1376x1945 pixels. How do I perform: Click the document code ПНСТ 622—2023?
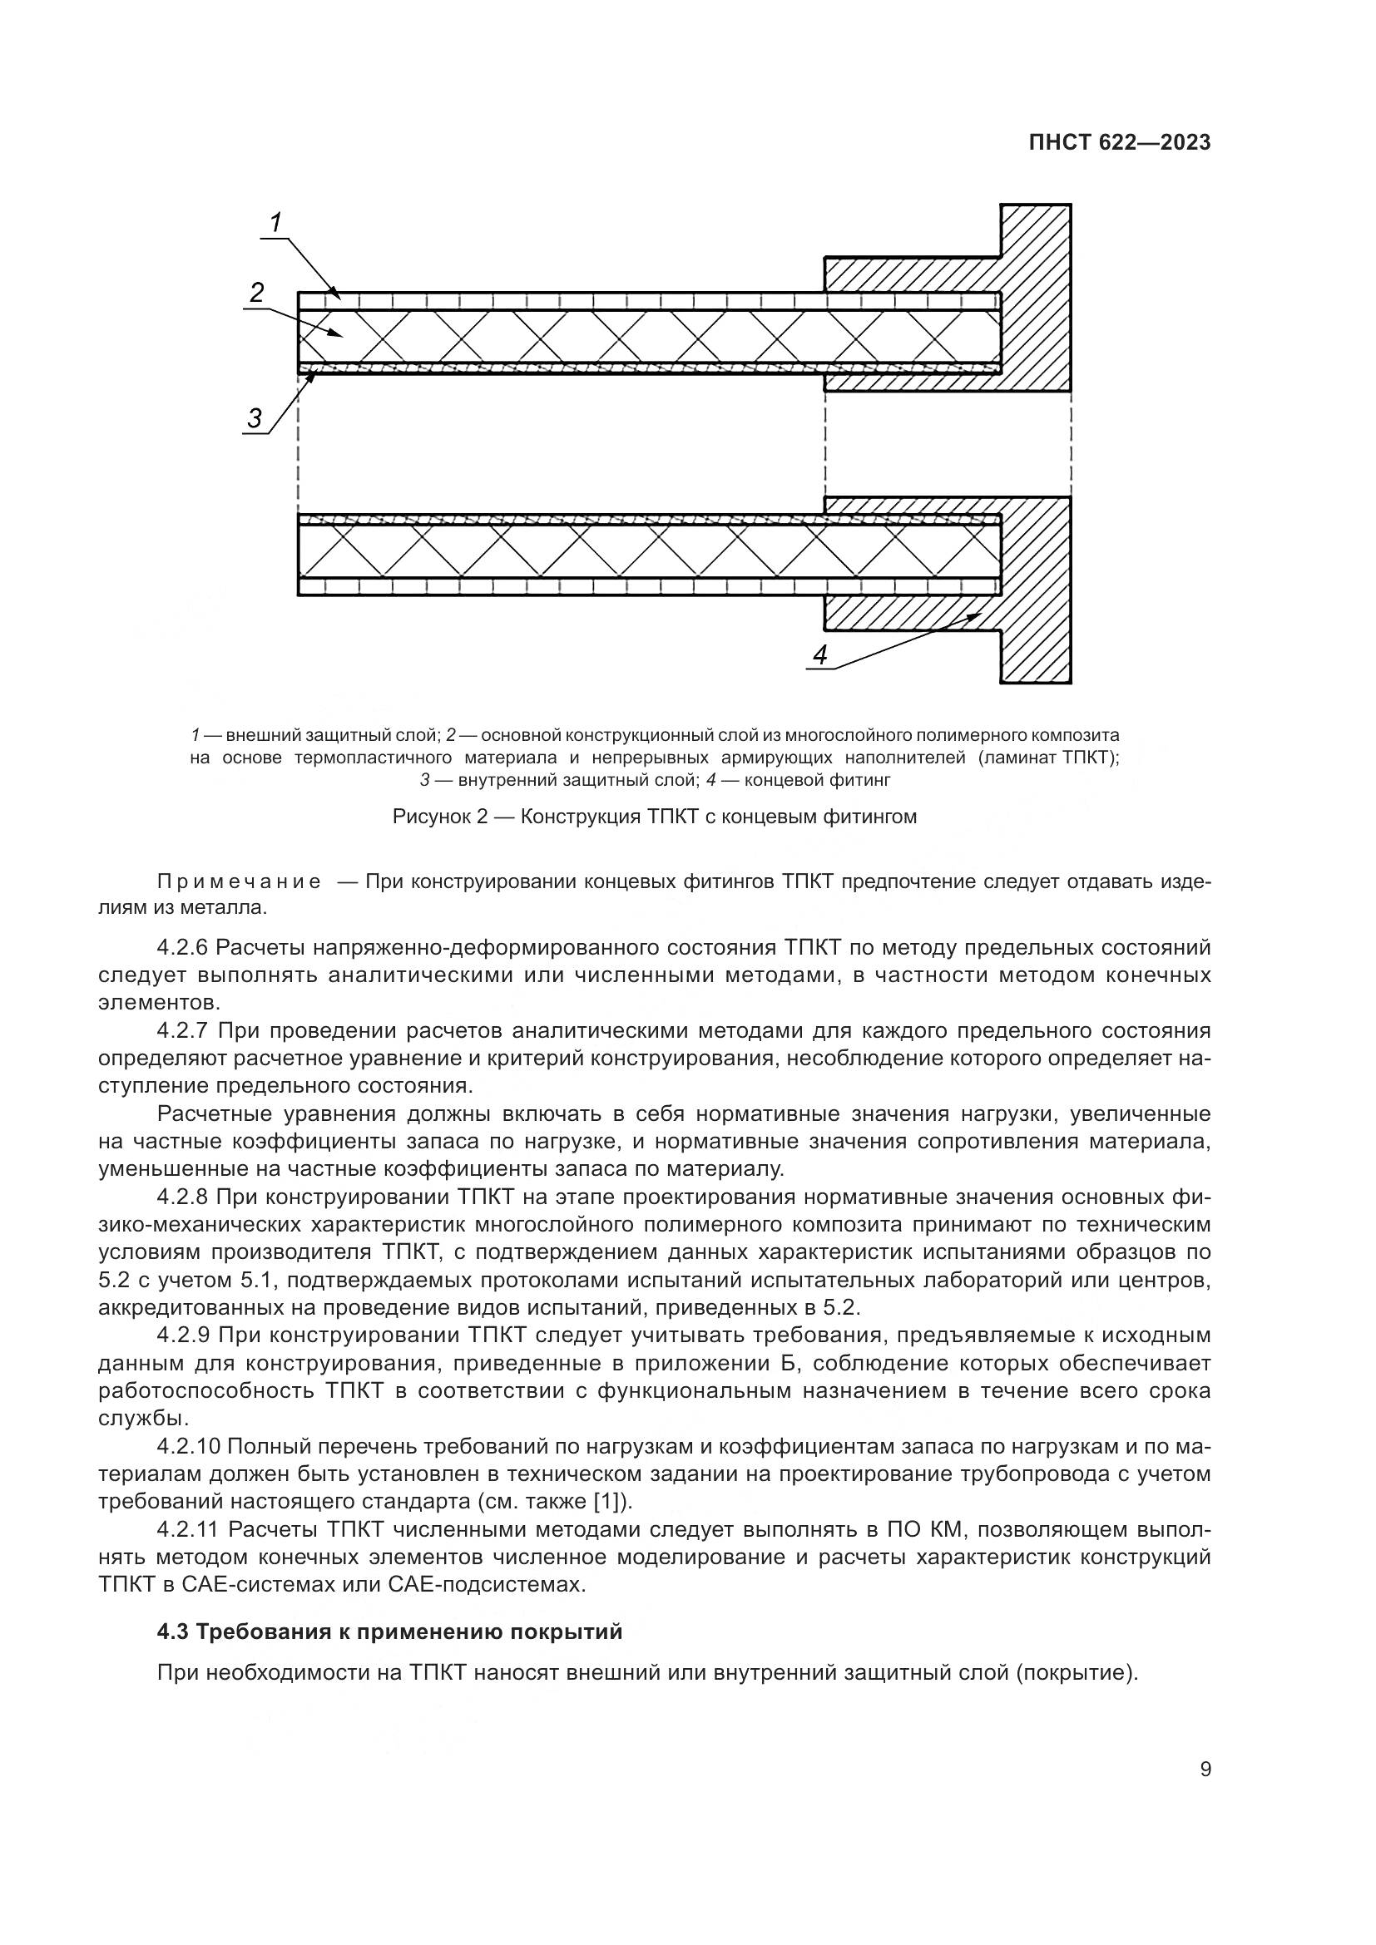click(1119, 143)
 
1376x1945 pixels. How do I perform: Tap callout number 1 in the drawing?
click(276, 223)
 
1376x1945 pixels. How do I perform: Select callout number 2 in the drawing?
click(257, 292)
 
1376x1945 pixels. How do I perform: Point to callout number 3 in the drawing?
click(255, 417)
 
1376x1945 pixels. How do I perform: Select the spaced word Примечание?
click(240, 881)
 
